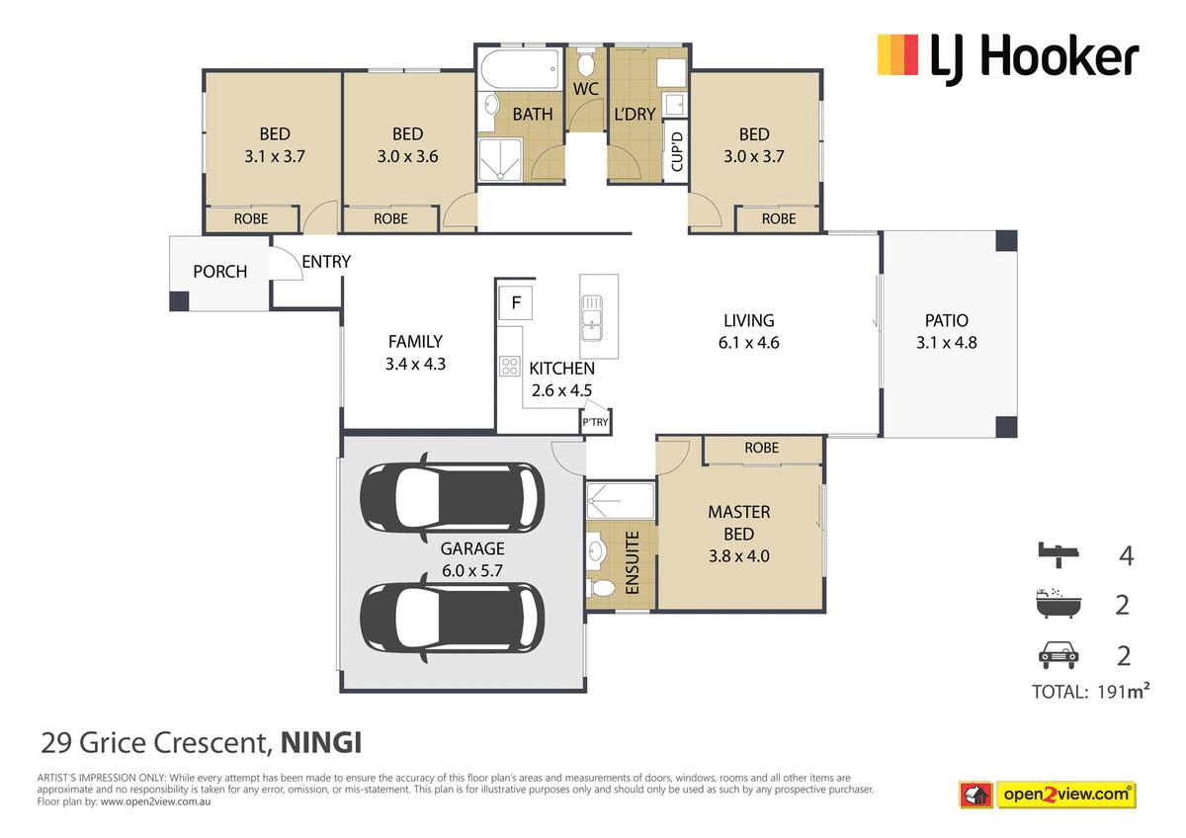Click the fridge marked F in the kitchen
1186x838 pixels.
coord(515,302)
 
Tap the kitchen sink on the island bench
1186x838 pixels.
coord(591,318)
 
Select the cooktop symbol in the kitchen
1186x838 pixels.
coord(509,366)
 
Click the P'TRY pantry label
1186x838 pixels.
coord(595,422)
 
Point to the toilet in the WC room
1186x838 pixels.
coord(585,62)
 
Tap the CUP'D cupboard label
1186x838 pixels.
coord(677,152)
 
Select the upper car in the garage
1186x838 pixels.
coord(452,498)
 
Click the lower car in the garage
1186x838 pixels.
coord(452,618)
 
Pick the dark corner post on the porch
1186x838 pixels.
coord(179,301)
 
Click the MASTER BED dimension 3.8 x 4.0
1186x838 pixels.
coord(739,555)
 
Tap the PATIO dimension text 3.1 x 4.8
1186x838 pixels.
coord(946,343)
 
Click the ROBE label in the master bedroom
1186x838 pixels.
coord(761,448)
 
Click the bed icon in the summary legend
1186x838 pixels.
coord(1058,554)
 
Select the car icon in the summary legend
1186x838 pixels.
coord(1058,656)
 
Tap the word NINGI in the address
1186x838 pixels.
coord(321,743)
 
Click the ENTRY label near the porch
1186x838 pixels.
coord(326,262)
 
